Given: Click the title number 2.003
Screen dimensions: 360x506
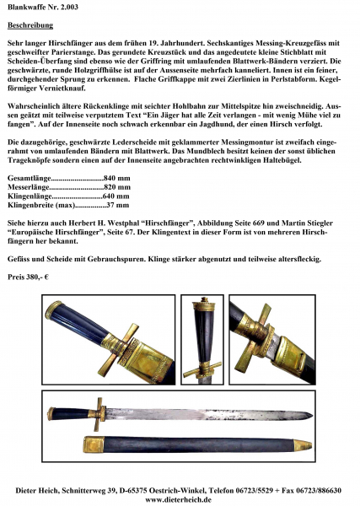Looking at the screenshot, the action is [x=67, y=7].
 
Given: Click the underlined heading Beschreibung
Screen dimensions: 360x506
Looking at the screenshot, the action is [x=30, y=25].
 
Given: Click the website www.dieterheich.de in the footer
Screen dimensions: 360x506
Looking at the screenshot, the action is [x=179, y=499].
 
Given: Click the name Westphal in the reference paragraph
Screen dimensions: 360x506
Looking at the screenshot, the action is [x=125, y=223].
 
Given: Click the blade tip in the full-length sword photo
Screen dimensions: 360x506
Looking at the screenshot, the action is [x=312, y=415].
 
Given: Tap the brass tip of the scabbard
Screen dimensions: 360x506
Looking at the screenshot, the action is [x=304, y=445].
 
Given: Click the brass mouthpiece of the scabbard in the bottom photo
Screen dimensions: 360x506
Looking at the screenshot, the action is [x=94, y=444].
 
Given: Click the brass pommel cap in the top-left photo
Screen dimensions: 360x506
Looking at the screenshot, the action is [x=53, y=310].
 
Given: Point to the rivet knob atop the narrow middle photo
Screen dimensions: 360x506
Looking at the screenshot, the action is [x=204, y=299].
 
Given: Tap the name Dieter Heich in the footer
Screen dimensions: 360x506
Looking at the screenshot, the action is [x=37, y=491].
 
